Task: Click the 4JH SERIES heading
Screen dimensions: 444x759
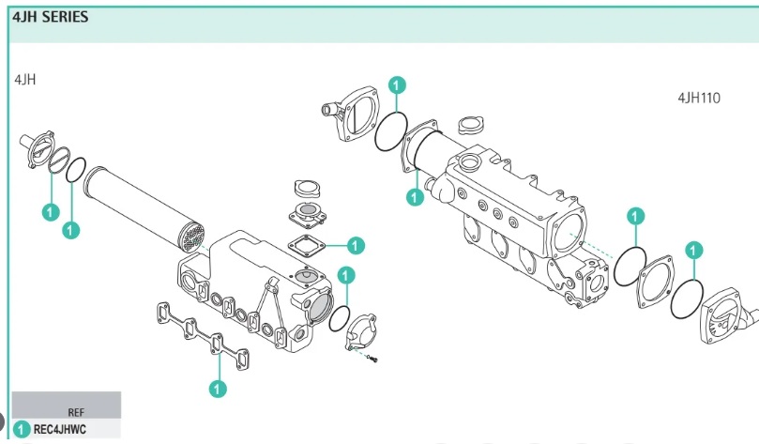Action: [x=51, y=17]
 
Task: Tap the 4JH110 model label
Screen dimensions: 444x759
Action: [x=698, y=98]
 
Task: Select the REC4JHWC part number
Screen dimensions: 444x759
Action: [x=60, y=429]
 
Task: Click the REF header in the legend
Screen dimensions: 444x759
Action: [x=76, y=411]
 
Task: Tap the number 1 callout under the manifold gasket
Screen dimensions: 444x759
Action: [x=217, y=387]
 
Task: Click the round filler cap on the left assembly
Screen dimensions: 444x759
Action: [x=307, y=186]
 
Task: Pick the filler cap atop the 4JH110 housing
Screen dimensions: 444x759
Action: [x=468, y=126]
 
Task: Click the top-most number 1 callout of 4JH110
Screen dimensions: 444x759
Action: [x=397, y=86]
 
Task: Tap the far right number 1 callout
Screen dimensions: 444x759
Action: [x=693, y=251]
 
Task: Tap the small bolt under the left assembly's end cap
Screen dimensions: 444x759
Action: [x=374, y=359]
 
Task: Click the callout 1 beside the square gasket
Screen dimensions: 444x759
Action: [x=356, y=246]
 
